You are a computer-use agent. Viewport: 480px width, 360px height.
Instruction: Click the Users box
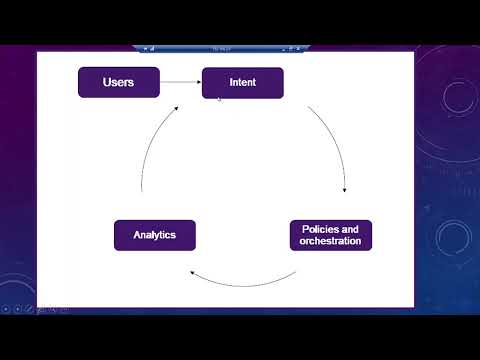[119, 82]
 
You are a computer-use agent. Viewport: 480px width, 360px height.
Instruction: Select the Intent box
[242, 82]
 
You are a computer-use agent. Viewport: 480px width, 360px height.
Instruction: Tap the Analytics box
[154, 235]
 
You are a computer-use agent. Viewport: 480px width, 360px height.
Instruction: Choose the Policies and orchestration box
[330, 235]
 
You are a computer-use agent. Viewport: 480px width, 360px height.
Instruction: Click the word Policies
[322, 229]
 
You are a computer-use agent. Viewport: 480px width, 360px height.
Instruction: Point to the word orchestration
[330, 242]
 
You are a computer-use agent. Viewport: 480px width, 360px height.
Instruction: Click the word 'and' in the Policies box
[352, 229]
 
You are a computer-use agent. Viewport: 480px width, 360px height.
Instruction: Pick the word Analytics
[154, 235]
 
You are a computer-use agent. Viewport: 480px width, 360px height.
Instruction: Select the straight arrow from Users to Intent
[180, 82]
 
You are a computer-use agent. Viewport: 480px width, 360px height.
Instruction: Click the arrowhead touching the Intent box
[197, 82]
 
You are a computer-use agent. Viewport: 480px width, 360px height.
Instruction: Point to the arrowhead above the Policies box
[345, 190]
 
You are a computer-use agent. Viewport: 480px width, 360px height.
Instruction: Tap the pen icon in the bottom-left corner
[29, 309]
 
